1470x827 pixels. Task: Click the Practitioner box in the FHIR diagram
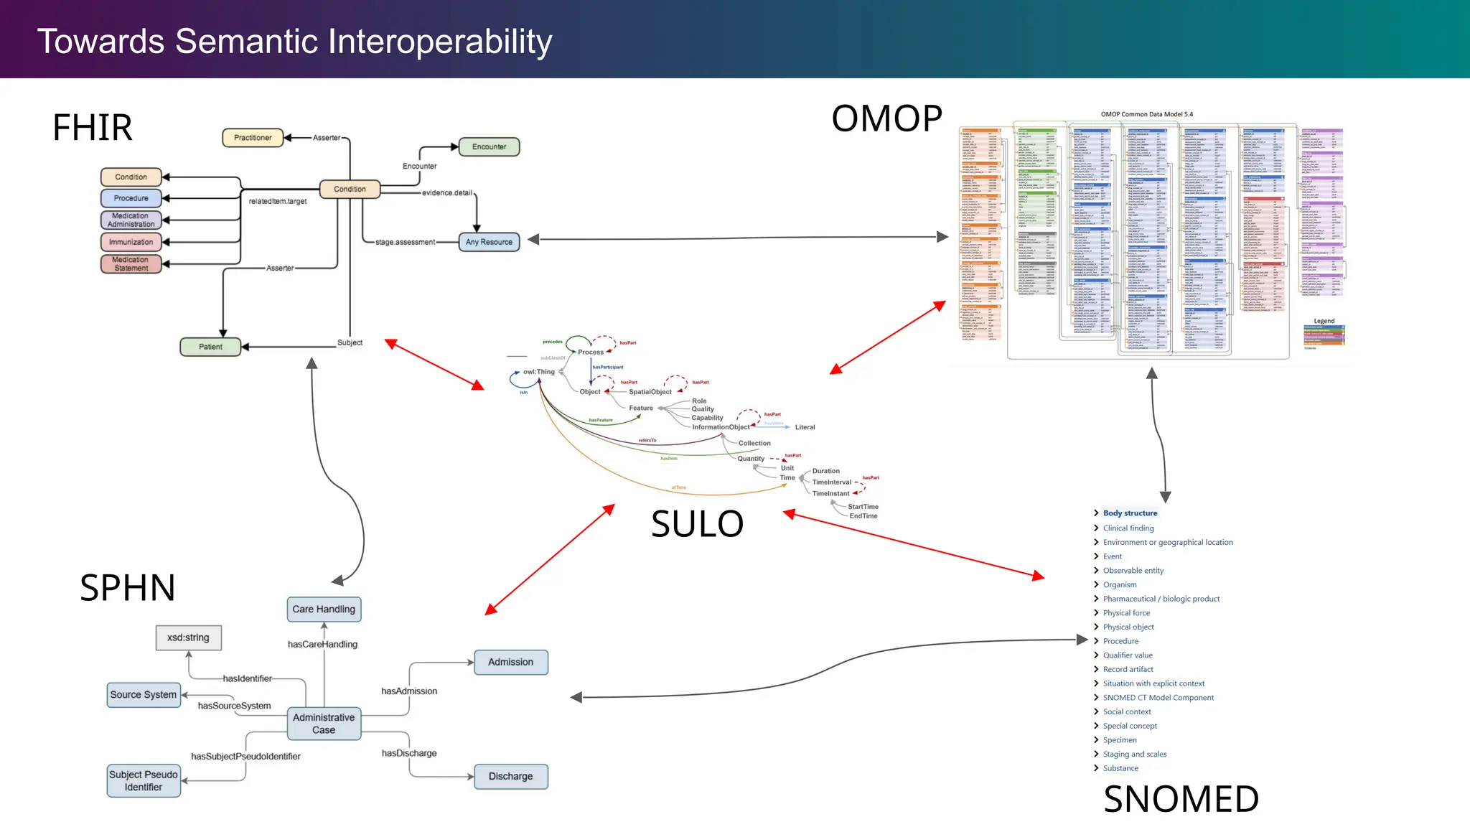(x=253, y=137)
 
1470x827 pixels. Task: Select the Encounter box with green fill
(x=489, y=146)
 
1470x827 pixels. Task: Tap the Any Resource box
(x=489, y=242)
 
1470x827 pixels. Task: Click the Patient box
(x=210, y=347)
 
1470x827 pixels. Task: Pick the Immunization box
(x=131, y=242)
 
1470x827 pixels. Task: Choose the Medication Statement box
(x=131, y=264)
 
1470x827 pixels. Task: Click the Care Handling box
(x=324, y=609)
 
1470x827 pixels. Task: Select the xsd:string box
(x=188, y=637)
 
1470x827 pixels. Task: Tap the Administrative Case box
(x=324, y=724)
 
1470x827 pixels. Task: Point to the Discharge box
(x=510, y=776)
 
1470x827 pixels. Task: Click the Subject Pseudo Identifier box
(x=144, y=781)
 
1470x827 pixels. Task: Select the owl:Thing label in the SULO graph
(x=539, y=372)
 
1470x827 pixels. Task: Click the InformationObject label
(x=721, y=427)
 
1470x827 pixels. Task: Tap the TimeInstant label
(x=830, y=493)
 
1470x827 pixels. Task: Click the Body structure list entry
(x=1130, y=513)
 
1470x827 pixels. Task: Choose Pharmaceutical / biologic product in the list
(x=1161, y=599)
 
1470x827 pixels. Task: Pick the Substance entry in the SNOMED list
(x=1120, y=768)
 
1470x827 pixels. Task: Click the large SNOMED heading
(x=1181, y=799)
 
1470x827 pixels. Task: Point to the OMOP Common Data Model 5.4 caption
(x=1146, y=114)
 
